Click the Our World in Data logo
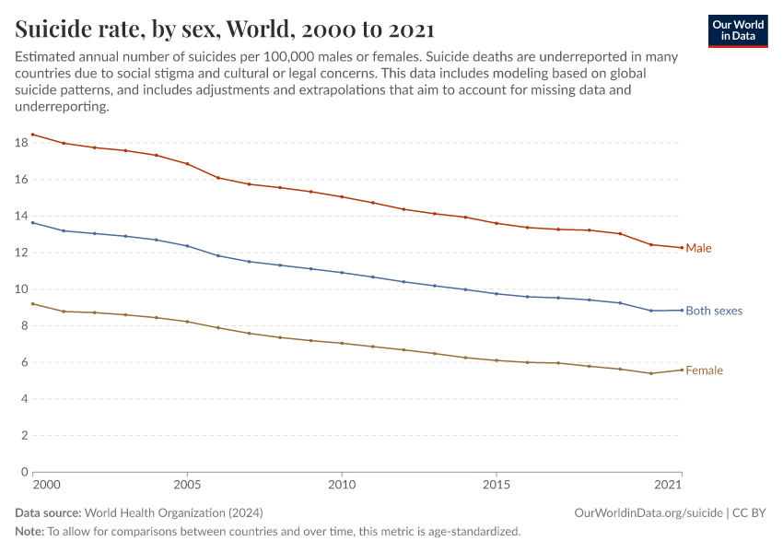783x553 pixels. pos(737,30)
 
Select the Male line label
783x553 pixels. pos(698,248)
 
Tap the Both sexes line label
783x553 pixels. pos(714,311)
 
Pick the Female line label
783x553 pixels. pos(704,371)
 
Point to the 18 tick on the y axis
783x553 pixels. pos(20,143)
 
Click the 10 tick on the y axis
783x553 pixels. pos(20,288)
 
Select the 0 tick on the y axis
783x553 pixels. pos(24,471)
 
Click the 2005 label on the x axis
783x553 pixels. pos(187,484)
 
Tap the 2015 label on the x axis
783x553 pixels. pos(497,484)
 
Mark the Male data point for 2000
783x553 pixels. pos(33,135)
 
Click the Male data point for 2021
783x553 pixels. pos(682,248)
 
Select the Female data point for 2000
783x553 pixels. pos(33,303)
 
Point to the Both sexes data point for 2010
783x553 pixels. pos(342,273)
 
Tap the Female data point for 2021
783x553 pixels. pos(682,370)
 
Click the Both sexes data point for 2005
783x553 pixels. pos(187,246)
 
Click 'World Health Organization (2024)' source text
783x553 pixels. pos(162,512)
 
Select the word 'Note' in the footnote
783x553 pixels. pos(29,531)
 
